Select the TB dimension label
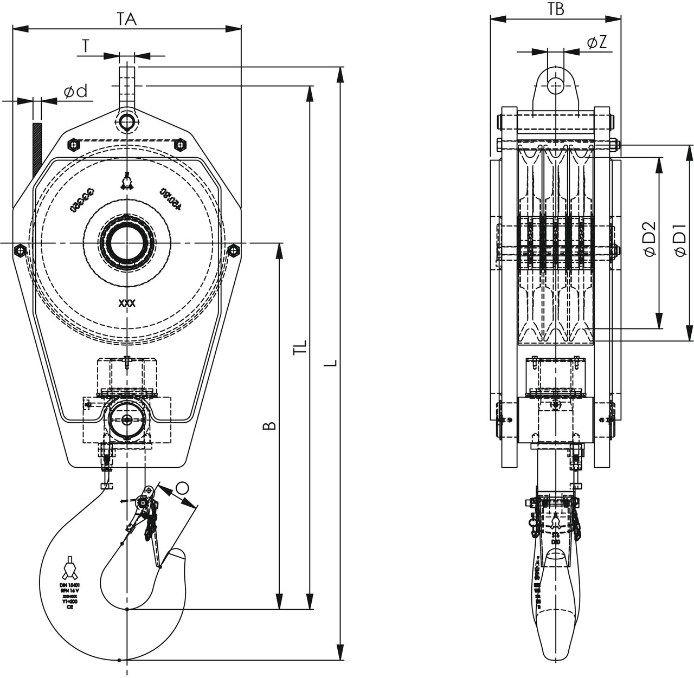pyautogui.click(x=556, y=9)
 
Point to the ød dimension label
pyautogui.click(x=75, y=92)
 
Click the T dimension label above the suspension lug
pyautogui.click(x=85, y=47)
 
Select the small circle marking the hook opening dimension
pyautogui.click(x=183, y=488)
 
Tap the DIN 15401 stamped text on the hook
pyautogui.click(x=70, y=585)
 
